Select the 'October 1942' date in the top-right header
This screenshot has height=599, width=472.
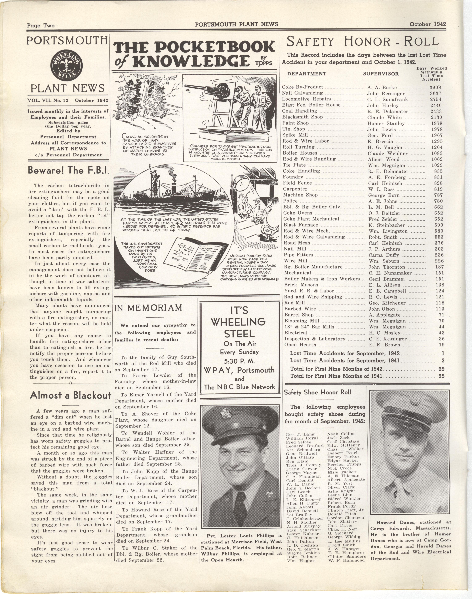[x=427, y=24]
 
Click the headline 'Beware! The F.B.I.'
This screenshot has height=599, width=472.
[x=68, y=170]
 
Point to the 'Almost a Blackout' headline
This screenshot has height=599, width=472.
[x=70, y=395]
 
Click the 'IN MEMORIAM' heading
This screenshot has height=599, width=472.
[x=148, y=307]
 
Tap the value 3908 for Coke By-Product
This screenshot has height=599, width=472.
[x=435, y=87]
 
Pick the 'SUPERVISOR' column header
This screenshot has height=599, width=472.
[x=381, y=74]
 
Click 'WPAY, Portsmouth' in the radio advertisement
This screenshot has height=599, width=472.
[x=239, y=370]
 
